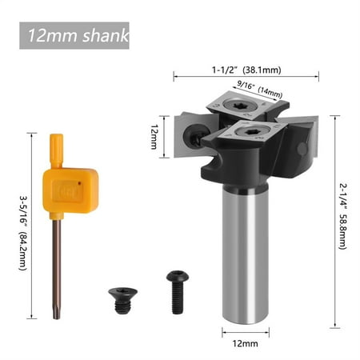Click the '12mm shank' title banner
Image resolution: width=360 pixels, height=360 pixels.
[74, 36]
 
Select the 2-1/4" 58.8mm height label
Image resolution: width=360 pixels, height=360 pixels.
[342, 221]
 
